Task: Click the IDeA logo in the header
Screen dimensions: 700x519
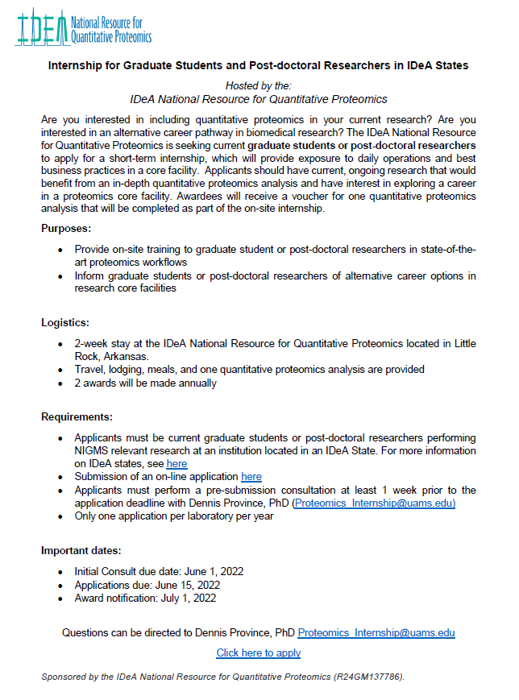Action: point(83,27)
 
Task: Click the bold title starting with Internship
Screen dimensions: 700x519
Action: point(259,64)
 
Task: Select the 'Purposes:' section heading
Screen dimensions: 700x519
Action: point(66,229)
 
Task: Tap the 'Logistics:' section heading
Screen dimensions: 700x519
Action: point(64,322)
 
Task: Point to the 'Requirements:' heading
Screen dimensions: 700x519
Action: point(77,416)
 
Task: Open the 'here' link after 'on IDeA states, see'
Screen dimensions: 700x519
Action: point(176,464)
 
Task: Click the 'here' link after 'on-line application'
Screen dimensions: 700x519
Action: point(251,477)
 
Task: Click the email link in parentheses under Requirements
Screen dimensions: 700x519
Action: point(375,503)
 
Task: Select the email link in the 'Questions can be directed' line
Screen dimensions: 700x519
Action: point(376,632)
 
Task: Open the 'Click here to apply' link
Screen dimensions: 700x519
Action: point(259,652)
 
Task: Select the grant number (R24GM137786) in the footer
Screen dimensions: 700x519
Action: point(368,677)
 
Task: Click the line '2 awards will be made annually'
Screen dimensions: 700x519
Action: point(146,383)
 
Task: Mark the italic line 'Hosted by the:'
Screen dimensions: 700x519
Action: point(259,85)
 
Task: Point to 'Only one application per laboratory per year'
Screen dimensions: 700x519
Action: point(174,516)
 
